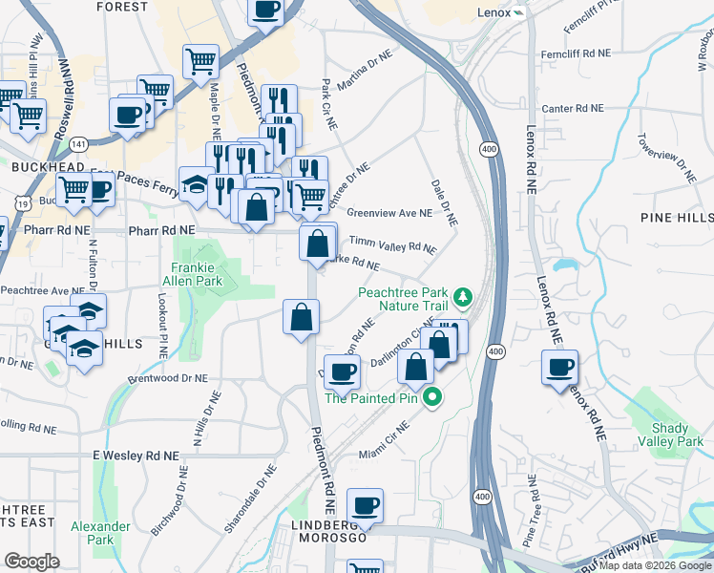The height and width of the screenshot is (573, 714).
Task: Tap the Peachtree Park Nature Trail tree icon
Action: point(464,296)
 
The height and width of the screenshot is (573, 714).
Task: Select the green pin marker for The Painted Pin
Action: point(432,397)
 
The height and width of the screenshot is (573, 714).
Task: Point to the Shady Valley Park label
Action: point(677,435)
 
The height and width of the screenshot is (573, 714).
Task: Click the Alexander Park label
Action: point(100,533)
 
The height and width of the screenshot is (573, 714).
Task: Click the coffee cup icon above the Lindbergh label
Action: point(364,505)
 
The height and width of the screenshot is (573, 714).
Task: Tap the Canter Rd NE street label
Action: point(573,108)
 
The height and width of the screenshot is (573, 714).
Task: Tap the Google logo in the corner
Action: point(31,562)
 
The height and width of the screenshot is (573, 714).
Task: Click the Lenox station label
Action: point(494,12)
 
